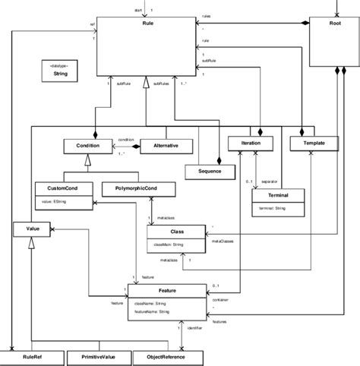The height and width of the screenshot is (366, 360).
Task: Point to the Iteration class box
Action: (x=247, y=143)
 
